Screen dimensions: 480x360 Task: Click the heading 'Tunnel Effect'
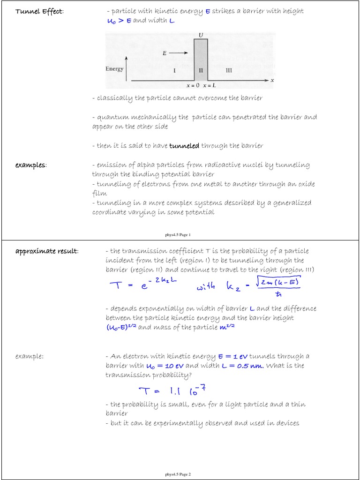(x=39, y=11)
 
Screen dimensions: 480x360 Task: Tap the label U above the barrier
(x=201, y=35)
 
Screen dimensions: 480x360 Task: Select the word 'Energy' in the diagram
(x=114, y=69)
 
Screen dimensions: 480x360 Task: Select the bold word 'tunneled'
(x=184, y=146)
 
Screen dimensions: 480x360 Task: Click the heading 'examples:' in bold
(x=30, y=165)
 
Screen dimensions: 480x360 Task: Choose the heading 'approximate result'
(x=47, y=251)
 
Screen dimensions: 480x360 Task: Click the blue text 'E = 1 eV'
(x=228, y=356)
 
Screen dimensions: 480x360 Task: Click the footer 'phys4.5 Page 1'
(x=178, y=234)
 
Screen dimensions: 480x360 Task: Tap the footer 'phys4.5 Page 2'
(x=178, y=474)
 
